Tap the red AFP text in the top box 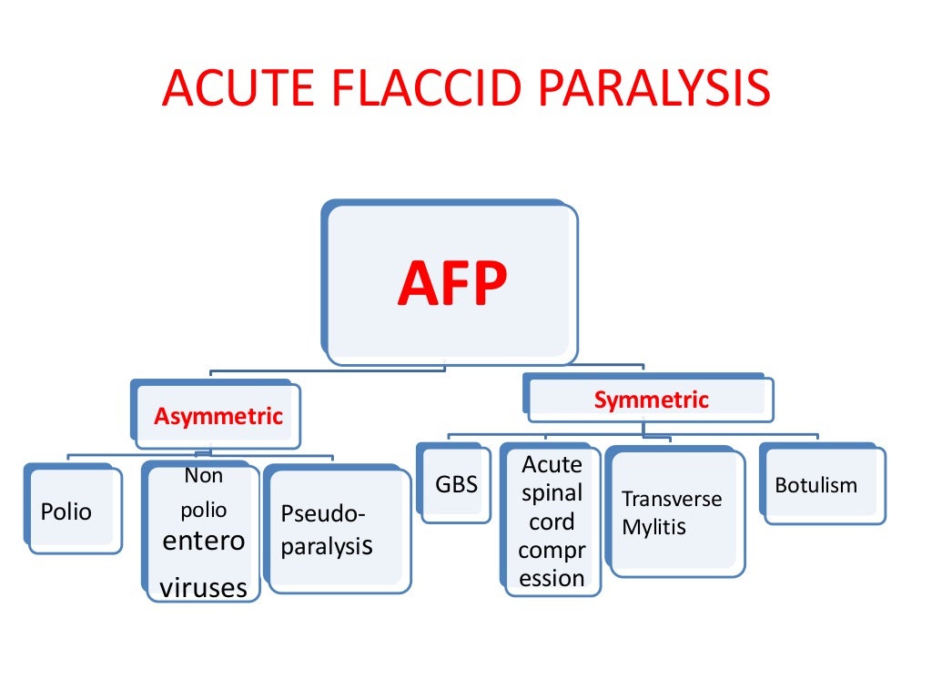tap(451, 285)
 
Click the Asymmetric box tap(218, 417)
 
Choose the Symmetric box tap(651, 400)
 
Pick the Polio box tap(67, 512)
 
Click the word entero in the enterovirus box tap(203, 541)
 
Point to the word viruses tap(203, 587)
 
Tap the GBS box tap(456, 484)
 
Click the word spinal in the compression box tap(552, 493)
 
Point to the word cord tap(552, 522)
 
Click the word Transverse tap(672, 499)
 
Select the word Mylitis tap(654, 527)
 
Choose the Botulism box tap(815, 485)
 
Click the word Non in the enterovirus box tap(203, 475)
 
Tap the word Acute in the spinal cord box tap(552, 465)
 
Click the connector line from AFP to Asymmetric tap(328, 370)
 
